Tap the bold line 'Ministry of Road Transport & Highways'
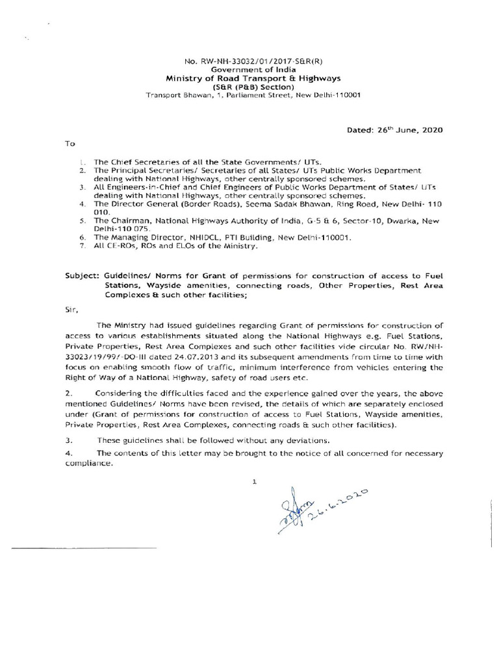click(x=253, y=79)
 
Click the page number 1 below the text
click(x=255, y=482)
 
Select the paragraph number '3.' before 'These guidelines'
click(x=68, y=440)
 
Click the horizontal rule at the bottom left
click(x=84, y=549)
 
